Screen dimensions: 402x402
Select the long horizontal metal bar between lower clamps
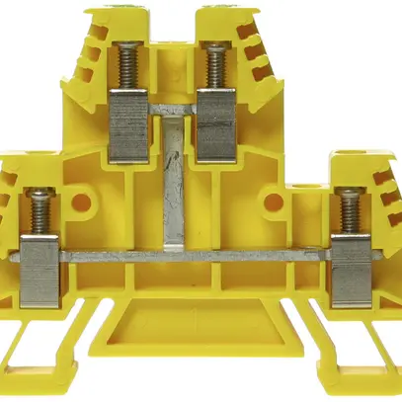point(198,256)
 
